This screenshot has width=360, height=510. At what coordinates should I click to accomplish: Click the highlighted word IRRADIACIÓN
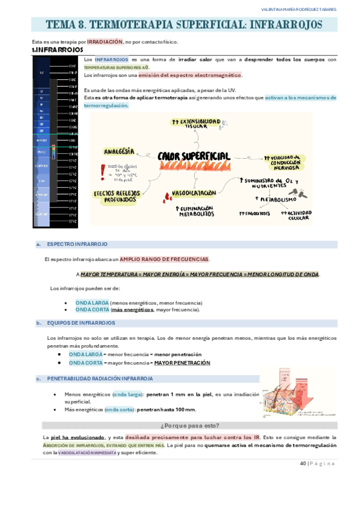pos(105,42)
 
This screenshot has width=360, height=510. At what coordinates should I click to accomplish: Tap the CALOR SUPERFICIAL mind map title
pos(194,156)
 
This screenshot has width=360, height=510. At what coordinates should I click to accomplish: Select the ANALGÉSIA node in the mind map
pos(119,151)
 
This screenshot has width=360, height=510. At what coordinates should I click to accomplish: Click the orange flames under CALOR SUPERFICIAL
pos(194,165)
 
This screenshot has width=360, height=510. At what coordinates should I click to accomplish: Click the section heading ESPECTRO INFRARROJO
pos(77,245)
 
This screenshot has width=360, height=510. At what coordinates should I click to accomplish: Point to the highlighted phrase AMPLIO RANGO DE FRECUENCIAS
pos(164,259)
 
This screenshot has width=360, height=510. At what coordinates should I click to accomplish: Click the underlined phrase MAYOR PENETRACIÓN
pos(182,363)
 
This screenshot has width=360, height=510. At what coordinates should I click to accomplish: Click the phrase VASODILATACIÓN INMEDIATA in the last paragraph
pos(88,453)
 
